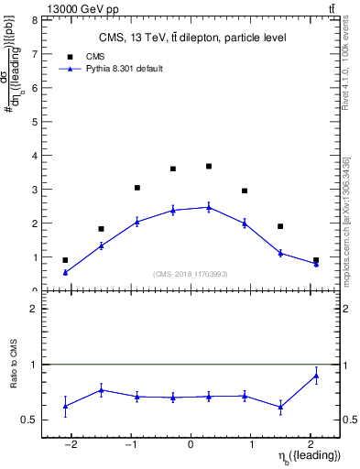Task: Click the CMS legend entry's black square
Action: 65,57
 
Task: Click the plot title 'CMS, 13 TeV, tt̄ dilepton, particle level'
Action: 191,38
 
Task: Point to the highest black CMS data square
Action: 209,166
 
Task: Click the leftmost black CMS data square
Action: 65,260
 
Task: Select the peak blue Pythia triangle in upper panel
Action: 209,207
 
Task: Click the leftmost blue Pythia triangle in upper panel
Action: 65,272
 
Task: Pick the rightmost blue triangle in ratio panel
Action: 316,376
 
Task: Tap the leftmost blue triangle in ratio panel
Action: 65,406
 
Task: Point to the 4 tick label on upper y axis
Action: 34,156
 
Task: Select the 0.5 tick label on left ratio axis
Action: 30,420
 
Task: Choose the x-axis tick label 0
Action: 191,445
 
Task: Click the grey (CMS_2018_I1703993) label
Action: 191,274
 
